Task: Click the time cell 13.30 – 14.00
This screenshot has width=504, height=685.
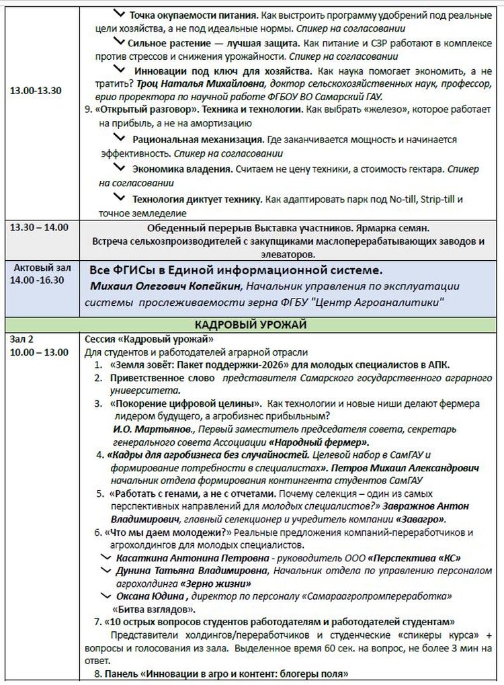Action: [39, 227]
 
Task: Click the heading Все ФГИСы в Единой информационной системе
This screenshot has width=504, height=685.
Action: [236, 270]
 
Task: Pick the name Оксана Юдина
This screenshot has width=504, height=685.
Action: [150, 596]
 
